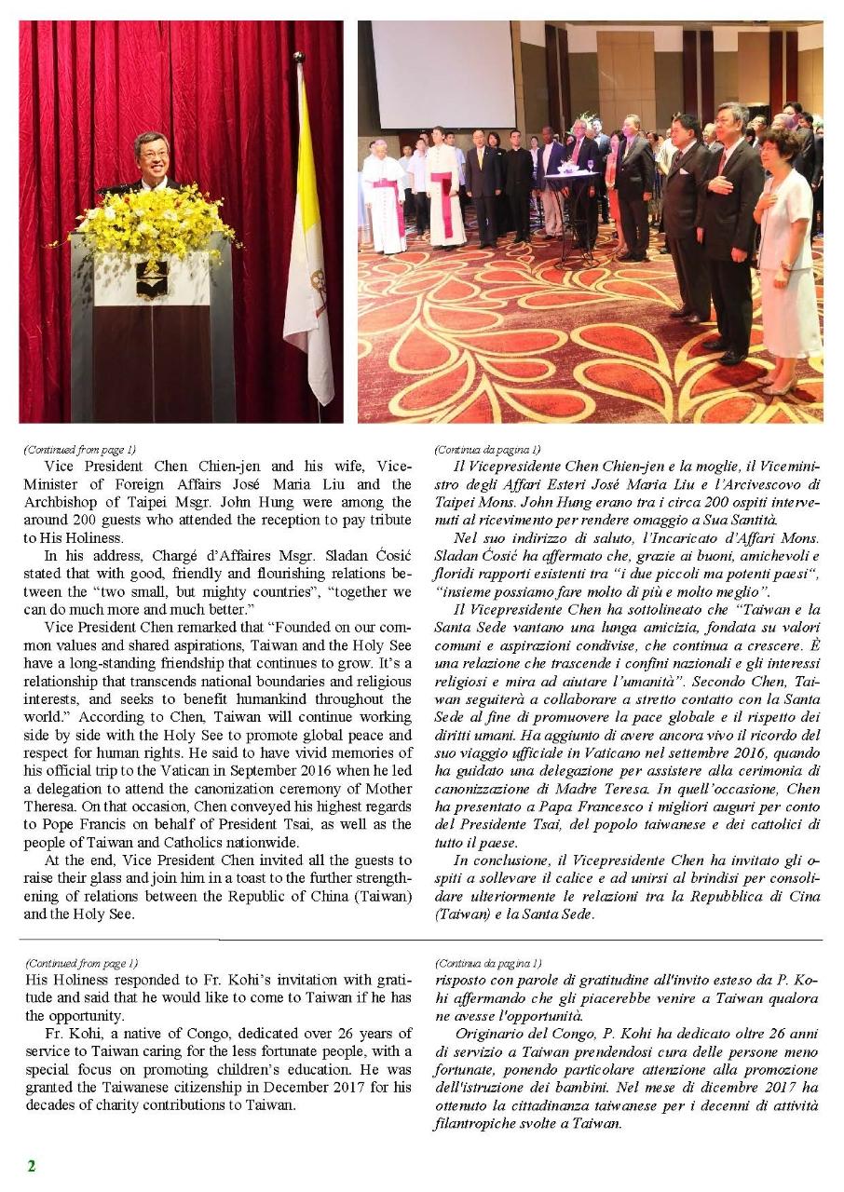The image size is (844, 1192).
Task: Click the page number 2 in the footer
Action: [31, 1166]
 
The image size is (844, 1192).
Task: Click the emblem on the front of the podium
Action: [152, 278]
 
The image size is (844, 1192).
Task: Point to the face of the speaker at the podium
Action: [152, 156]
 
